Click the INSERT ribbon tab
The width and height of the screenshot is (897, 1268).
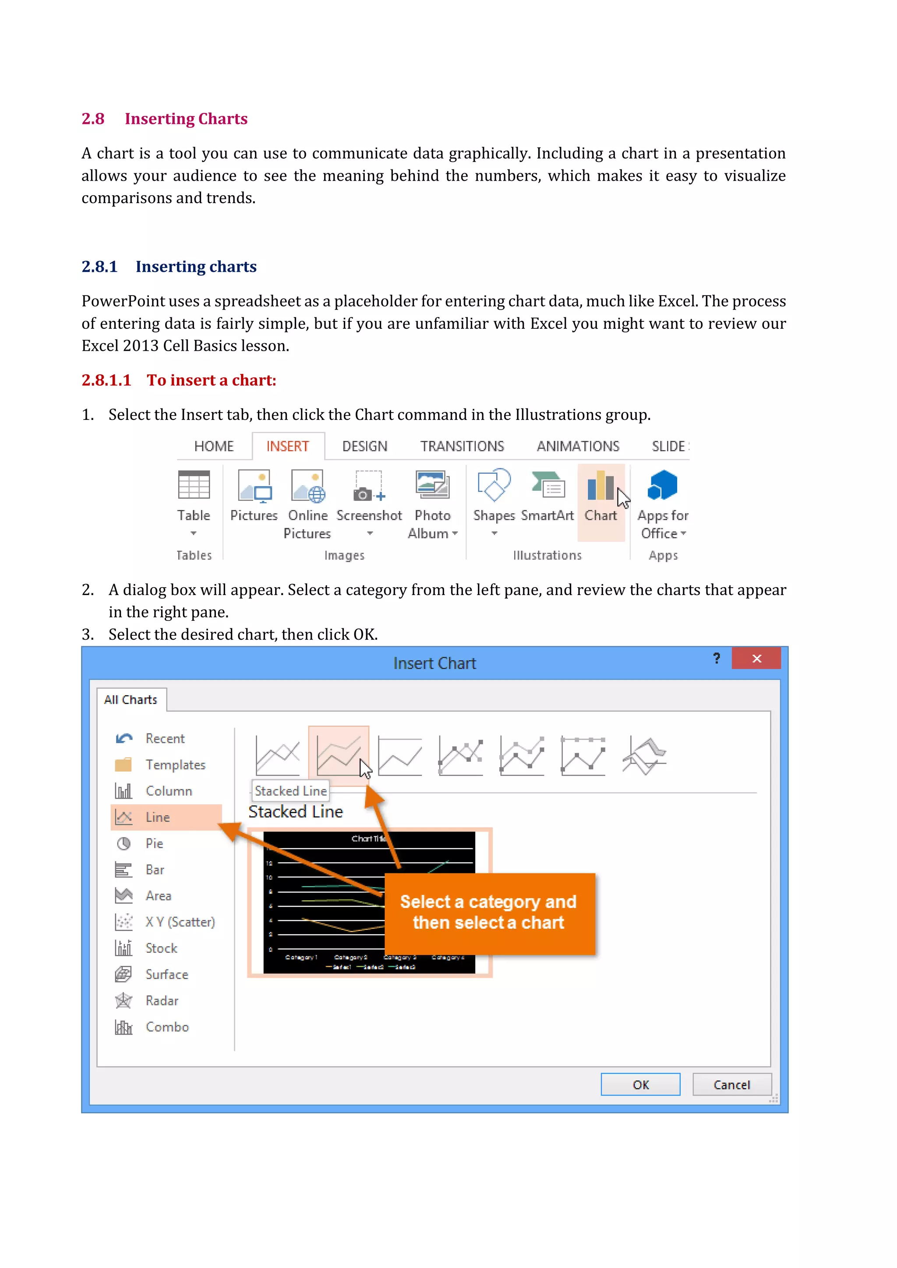point(287,446)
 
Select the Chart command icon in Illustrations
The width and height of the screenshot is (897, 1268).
point(600,486)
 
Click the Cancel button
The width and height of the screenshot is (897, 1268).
point(731,1085)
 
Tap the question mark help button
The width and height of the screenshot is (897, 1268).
point(717,658)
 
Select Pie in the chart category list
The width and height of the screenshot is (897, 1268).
point(154,843)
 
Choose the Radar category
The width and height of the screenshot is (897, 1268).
point(161,1001)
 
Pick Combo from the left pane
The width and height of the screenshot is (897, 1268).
point(167,1027)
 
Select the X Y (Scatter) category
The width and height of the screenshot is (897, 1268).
point(180,922)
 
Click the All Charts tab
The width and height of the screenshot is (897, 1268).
point(131,700)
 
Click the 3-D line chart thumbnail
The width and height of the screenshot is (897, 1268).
point(644,755)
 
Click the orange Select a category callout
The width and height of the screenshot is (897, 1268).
point(489,912)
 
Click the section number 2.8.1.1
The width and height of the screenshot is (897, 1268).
point(106,380)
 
